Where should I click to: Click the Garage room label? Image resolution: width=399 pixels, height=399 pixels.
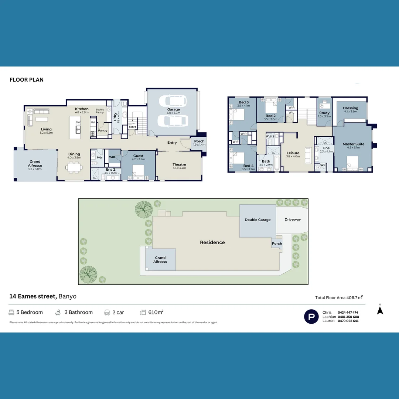coord(173,109)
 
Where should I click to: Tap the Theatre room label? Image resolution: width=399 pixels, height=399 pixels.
coord(179,165)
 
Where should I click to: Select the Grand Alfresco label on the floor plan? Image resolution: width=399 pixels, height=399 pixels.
coord(35,164)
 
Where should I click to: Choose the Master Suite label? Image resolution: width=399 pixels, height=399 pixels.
coord(353,144)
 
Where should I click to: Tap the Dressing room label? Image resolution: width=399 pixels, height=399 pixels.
coord(350,108)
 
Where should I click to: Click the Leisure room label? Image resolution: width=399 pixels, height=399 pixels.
coord(293,153)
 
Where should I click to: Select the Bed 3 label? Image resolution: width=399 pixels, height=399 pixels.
coord(243,102)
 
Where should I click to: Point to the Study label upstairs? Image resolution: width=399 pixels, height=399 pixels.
coord(324,113)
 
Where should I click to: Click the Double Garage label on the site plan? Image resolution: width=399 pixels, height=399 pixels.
coord(258,220)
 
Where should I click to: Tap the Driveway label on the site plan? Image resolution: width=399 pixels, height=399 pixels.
coord(293,219)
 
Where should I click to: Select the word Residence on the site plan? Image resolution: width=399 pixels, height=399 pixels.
coord(212,242)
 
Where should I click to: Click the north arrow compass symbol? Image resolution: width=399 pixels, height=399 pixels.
coord(380,311)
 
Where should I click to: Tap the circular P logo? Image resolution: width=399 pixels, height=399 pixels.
coord(311,317)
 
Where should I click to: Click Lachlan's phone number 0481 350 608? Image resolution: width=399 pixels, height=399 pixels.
coord(348,317)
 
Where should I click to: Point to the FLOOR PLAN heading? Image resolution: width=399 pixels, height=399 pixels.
coord(27,80)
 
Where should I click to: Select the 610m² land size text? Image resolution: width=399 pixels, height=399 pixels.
coord(156,313)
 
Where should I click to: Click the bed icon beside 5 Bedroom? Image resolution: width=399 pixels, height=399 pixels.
coord(11,313)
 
